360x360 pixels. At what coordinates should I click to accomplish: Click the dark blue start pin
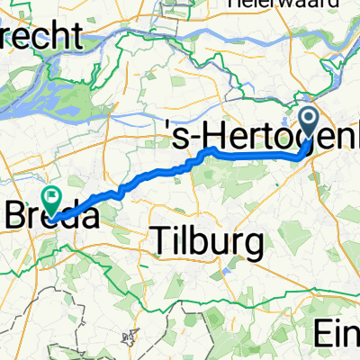307,122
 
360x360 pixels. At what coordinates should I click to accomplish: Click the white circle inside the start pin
307,119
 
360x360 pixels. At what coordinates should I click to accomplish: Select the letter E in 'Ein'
323,334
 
